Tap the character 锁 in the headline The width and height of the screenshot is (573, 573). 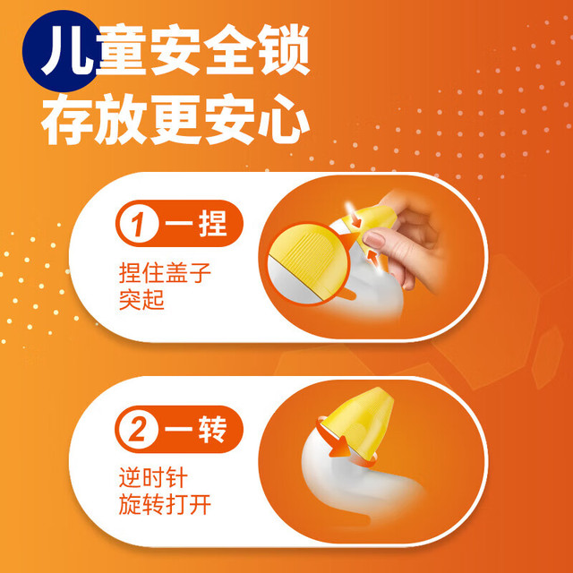(283, 50)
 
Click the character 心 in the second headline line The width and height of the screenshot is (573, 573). (283, 119)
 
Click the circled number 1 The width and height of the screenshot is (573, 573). (139, 223)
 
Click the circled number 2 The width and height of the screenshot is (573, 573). (138, 430)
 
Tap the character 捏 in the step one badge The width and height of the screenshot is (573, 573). (213, 223)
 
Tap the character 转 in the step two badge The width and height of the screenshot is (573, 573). (213, 430)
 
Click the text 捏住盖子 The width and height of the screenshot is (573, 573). (165, 273)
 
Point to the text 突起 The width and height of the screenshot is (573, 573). (141, 300)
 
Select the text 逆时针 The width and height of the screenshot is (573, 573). (153, 478)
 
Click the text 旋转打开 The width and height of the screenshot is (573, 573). (165, 505)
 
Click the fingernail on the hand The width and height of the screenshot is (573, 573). (372, 238)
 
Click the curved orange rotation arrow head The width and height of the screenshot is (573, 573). (339, 449)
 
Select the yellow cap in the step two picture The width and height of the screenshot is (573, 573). (358, 420)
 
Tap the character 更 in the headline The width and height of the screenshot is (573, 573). (175, 119)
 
